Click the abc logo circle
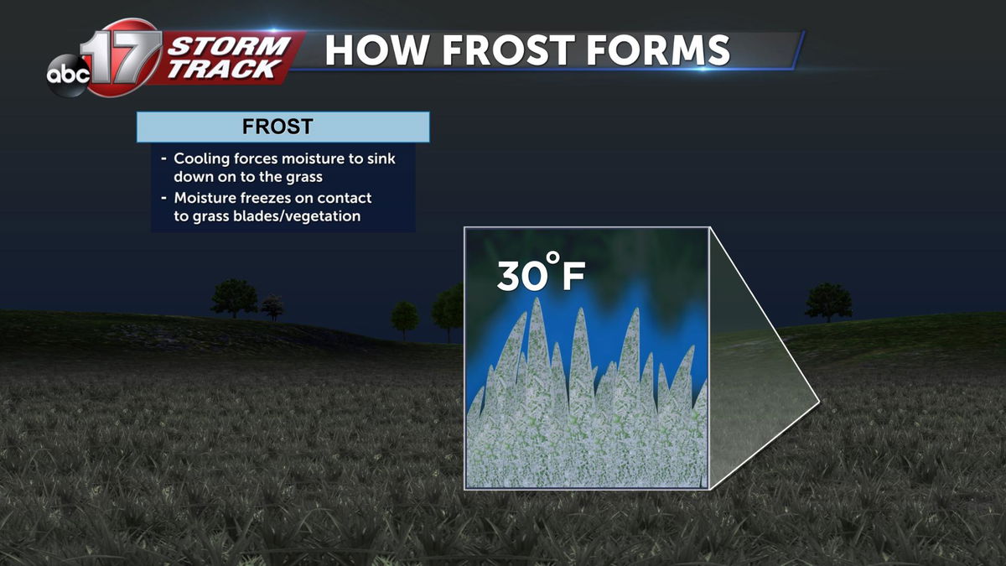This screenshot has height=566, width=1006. pyautogui.click(x=68, y=75)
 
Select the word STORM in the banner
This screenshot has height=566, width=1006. pyautogui.click(x=230, y=46)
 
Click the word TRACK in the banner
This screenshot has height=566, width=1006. pyautogui.click(x=224, y=69)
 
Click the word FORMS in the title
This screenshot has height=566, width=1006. pyautogui.click(x=658, y=50)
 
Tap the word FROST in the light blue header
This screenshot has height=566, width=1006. pyautogui.click(x=277, y=127)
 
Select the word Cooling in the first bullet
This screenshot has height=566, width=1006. pyautogui.click(x=202, y=159)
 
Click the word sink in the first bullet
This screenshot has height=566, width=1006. pyautogui.click(x=381, y=158)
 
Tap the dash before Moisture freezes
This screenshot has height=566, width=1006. pyautogui.click(x=164, y=198)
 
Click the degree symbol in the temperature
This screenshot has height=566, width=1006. pyautogui.click(x=552, y=258)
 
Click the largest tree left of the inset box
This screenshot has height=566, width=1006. pyautogui.click(x=234, y=298)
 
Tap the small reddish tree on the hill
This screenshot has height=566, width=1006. pyautogui.click(x=272, y=308)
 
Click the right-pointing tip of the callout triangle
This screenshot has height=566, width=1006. pyautogui.click(x=819, y=400)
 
